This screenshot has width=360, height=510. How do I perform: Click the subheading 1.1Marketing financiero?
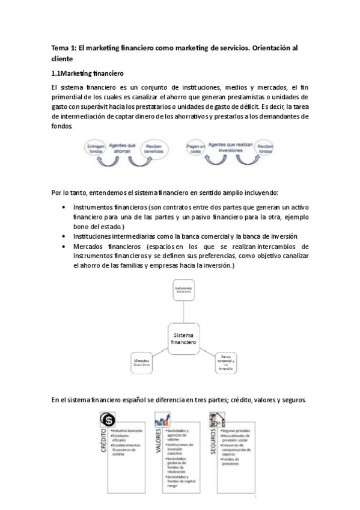(88, 74)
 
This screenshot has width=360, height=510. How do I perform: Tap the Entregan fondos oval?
(97, 149)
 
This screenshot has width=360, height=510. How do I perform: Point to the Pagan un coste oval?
(194, 148)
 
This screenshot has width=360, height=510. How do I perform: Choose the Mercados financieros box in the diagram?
(142, 363)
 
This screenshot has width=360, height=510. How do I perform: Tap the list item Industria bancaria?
(126, 431)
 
